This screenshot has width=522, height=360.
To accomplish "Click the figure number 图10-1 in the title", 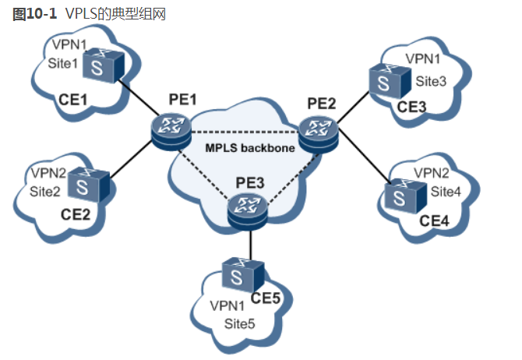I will coord(30,13).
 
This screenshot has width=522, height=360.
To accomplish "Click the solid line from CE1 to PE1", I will coord(140,103).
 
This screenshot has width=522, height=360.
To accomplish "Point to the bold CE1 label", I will coord(72,99).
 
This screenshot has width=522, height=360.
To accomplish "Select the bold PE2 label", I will coord(321,102).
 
